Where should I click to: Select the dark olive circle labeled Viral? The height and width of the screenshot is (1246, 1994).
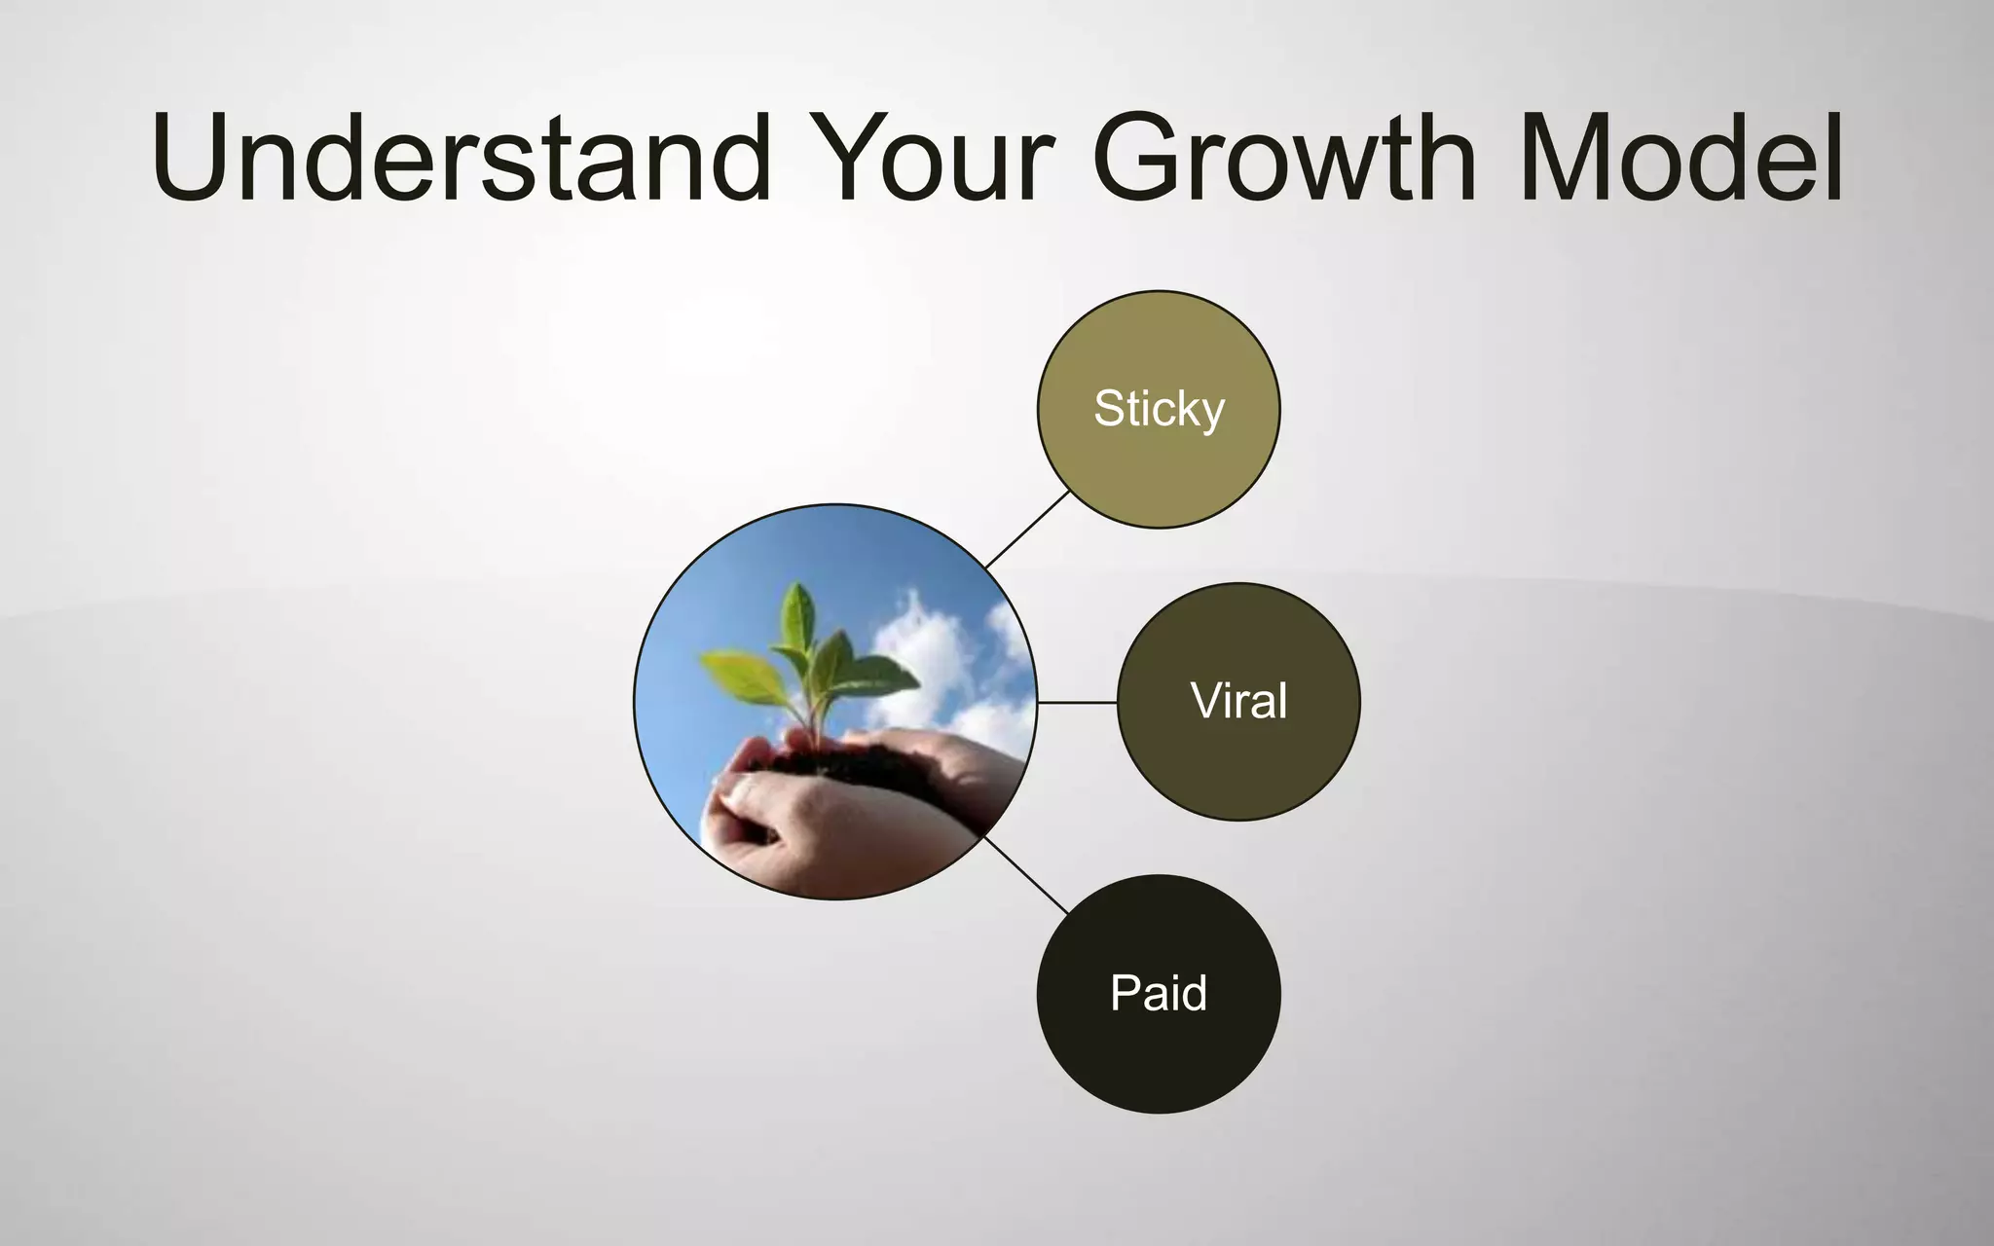[1238, 759]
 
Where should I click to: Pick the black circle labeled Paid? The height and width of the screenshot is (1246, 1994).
[1159, 1051]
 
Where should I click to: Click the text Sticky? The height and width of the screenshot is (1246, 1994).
[1159, 408]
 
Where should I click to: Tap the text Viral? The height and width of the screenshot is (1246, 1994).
[1238, 701]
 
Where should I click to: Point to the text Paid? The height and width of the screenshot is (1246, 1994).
[1159, 993]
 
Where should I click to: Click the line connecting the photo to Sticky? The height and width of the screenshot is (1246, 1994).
[1027, 530]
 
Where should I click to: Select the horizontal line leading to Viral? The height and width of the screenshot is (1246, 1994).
[1077, 701]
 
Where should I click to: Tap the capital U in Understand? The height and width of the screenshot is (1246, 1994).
[200, 158]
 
